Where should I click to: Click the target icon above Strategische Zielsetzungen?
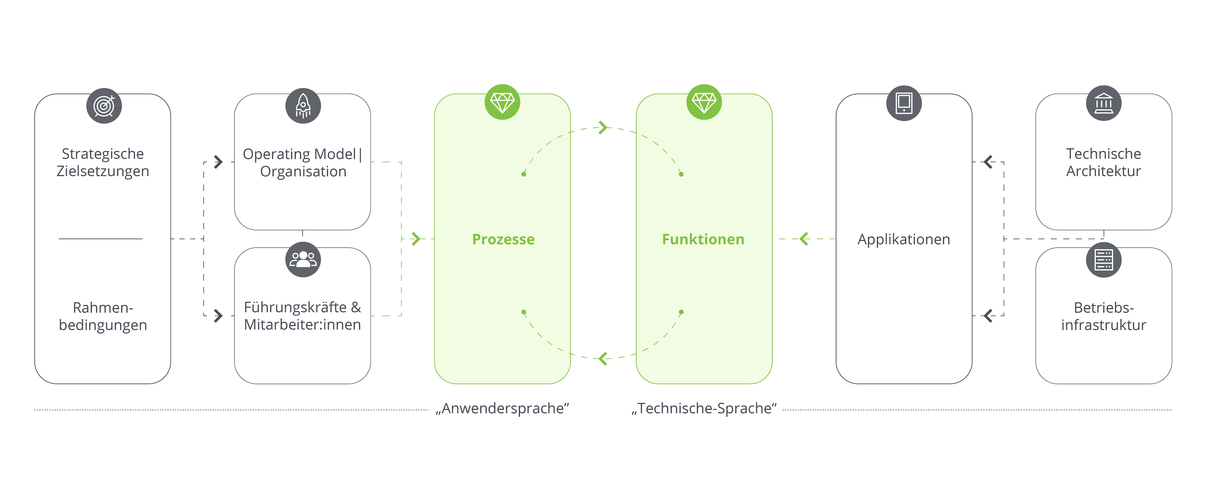(x=104, y=106)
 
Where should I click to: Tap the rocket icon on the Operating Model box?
(x=303, y=106)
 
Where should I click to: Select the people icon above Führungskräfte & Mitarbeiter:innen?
(x=303, y=259)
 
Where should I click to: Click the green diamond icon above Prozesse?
(x=502, y=102)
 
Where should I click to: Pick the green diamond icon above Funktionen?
(x=704, y=102)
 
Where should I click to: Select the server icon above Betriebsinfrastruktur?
(x=1104, y=260)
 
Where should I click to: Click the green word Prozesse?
(x=503, y=239)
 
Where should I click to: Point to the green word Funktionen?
(x=703, y=239)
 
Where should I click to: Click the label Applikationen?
(x=904, y=239)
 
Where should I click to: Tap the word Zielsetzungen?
(x=103, y=171)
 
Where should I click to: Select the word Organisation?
(x=303, y=172)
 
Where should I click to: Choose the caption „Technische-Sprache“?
(x=704, y=408)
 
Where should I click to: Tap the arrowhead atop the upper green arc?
(x=603, y=127)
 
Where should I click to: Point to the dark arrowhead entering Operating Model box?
(x=218, y=162)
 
